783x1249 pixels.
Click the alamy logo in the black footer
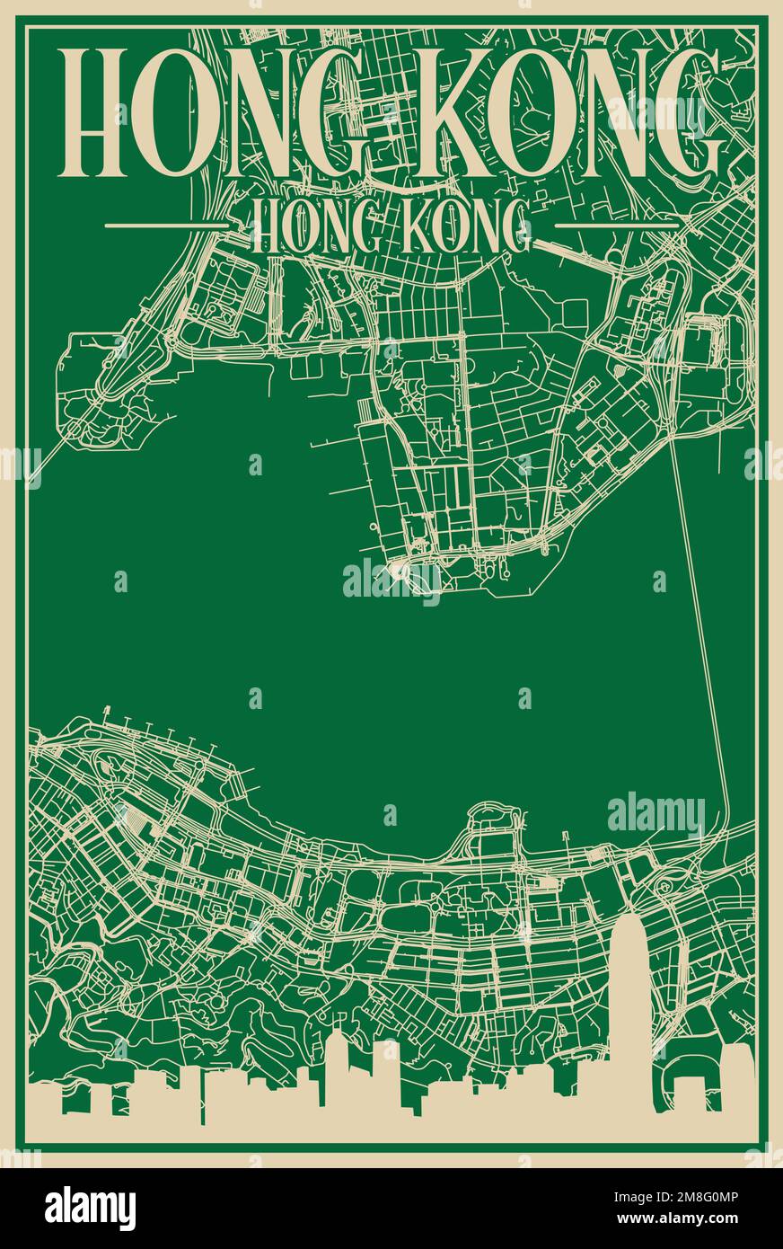coord(90,1208)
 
